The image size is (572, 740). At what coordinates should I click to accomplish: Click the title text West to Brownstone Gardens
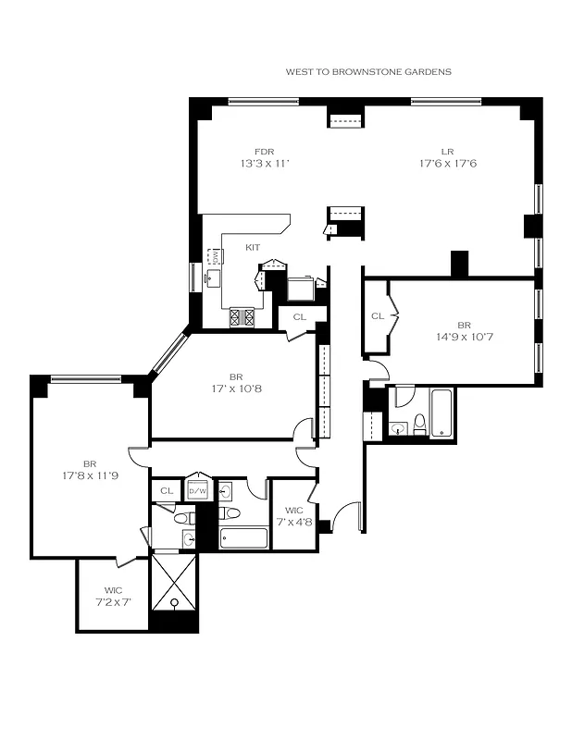click(x=368, y=71)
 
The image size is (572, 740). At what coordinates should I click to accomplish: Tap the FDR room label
click(x=265, y=152)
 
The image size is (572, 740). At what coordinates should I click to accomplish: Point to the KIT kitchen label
click(x=253, y=247)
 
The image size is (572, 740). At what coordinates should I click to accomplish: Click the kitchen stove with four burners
click(x=242, y=317)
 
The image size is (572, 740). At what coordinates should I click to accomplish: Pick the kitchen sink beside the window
click(x=214, y=257)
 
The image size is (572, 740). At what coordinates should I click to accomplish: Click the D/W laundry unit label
click(x=198, y=491)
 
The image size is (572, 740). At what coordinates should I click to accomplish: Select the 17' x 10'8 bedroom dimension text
click(x=236, y=388)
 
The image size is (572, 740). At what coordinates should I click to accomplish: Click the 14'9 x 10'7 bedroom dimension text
click(x=463, y=337)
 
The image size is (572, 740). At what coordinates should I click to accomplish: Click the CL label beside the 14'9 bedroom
click(x=377, y=316)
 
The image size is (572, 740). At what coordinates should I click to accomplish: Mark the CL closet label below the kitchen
click(x=299, y=316)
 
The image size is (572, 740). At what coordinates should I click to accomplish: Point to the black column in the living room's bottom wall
click(x=460, y=264)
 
